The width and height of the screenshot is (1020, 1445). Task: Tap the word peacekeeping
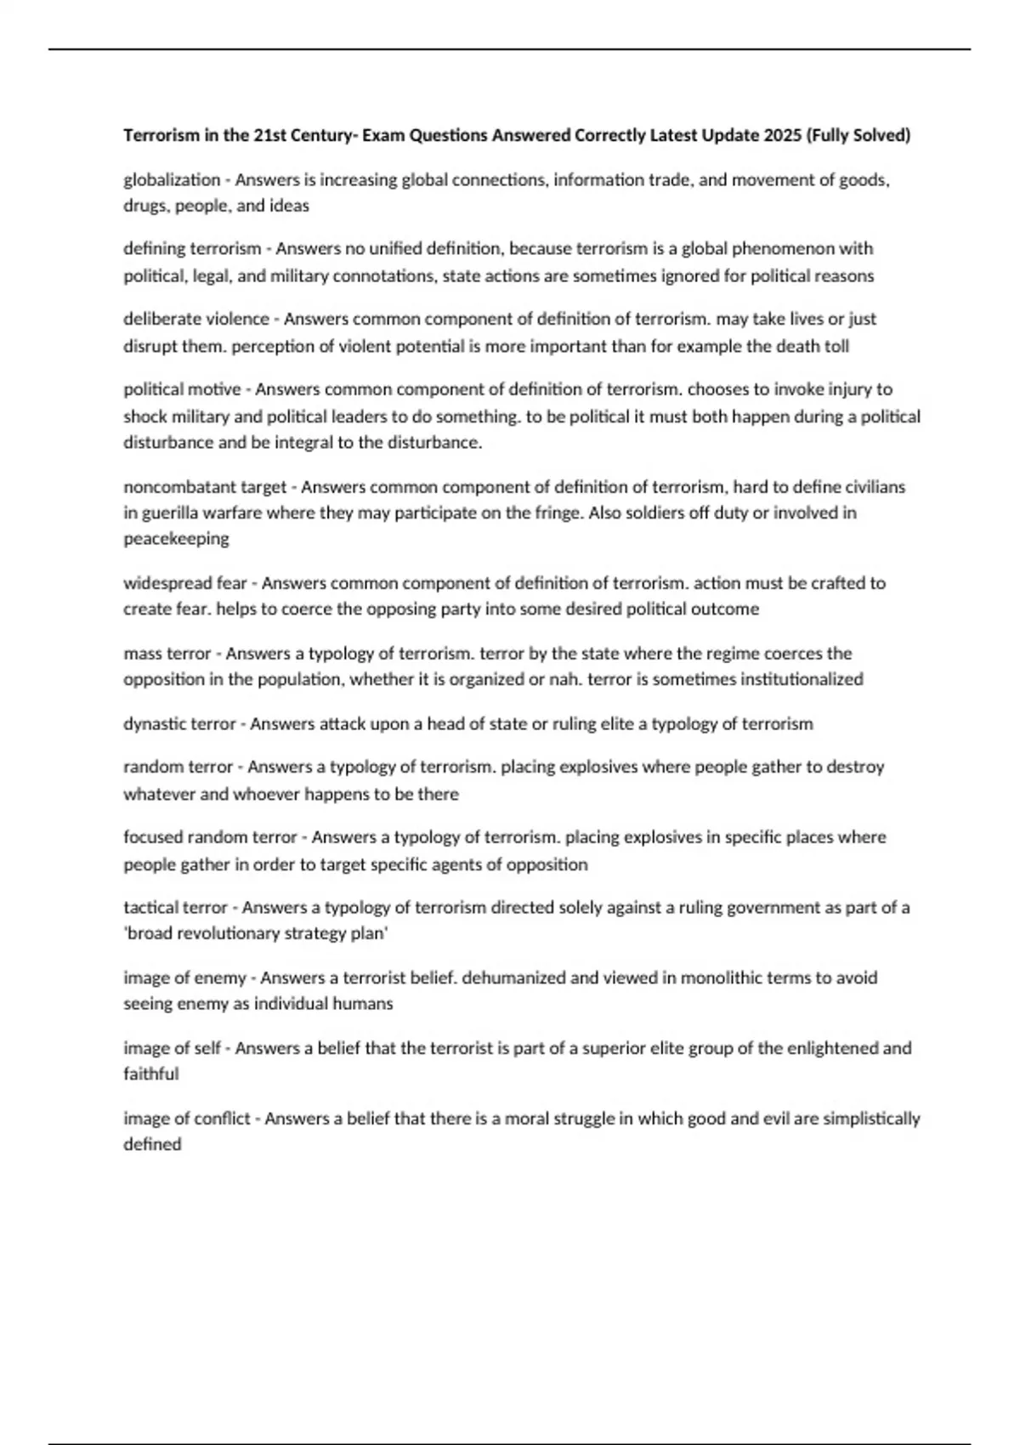176,539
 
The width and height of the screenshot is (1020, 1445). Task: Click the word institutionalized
802,679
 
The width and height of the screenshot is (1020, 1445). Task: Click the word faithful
151,1074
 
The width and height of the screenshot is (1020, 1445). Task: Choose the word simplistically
867,1119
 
